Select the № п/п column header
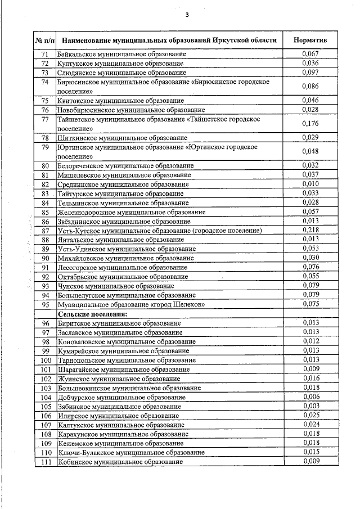45,40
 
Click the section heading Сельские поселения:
92,313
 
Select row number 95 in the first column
46,304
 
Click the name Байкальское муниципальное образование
122,54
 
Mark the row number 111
46,462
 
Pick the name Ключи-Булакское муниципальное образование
130,453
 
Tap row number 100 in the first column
46,360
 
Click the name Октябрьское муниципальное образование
123,277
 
